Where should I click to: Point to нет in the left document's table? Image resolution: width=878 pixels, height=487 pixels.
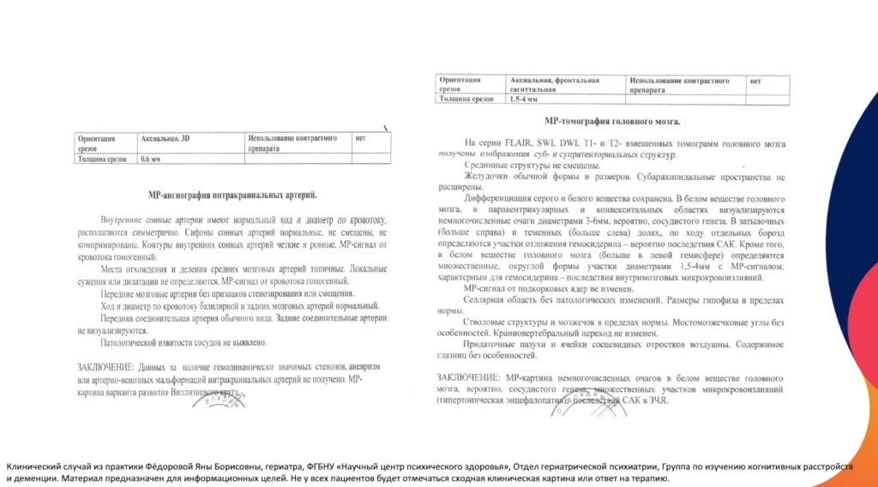360,138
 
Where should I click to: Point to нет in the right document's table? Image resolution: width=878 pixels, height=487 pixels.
755,81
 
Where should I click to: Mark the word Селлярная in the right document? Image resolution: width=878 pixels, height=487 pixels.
488,299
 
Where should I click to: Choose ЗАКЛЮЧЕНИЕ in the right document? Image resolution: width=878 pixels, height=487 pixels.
468,377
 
